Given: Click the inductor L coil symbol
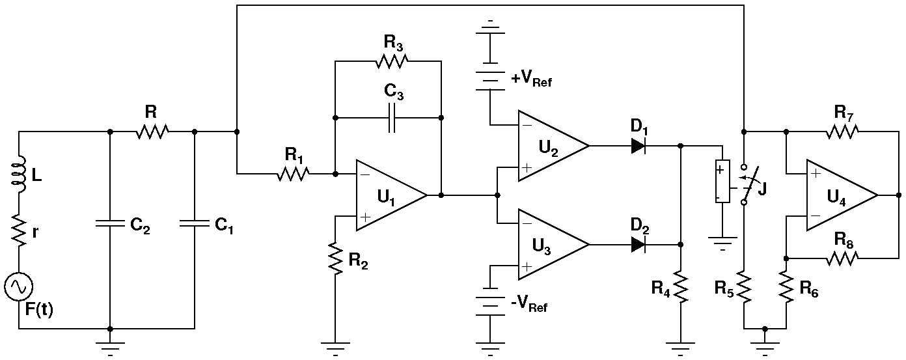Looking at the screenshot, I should [x=20, y=174].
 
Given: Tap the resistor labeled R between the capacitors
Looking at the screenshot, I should [x=152, y=132].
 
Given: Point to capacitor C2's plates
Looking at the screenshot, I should [x=110, y=224].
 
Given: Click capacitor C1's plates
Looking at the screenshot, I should [x=195, y=224].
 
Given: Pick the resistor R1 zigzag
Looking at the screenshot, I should [x=294, y=174].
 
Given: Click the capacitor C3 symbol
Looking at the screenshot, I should [x=391, y=118].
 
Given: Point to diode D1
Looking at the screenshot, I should [x=638, y=146].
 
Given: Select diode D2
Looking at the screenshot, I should [x=638, y=245].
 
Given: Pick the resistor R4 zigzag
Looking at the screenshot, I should [x=680, y=287].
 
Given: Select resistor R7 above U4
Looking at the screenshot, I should [x=842, y=132].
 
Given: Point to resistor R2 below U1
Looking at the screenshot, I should [x=335, y=259].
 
